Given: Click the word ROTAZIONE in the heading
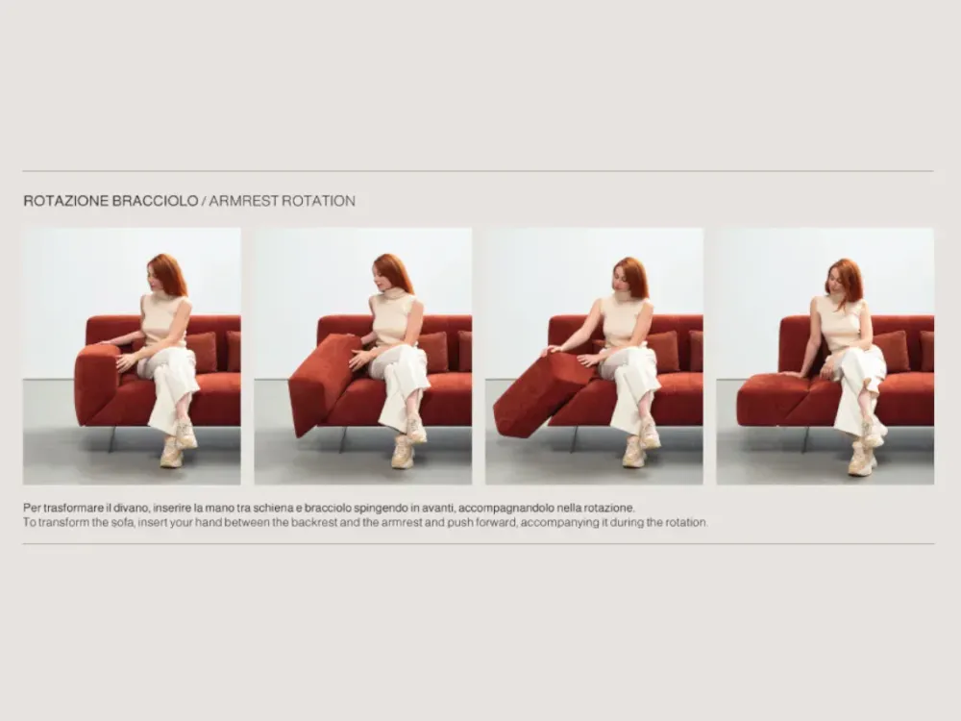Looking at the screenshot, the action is pos(67,201).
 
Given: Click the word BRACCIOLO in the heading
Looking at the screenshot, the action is pos(156,201).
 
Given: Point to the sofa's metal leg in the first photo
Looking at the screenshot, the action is pos(111,439).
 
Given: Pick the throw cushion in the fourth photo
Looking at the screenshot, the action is pos(891,350).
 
